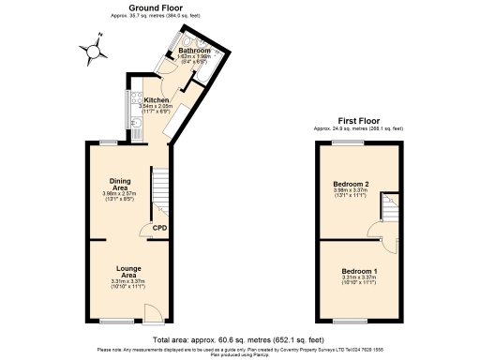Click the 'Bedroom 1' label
(360, 271)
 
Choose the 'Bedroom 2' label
(354, 183)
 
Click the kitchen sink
(135, 130)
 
